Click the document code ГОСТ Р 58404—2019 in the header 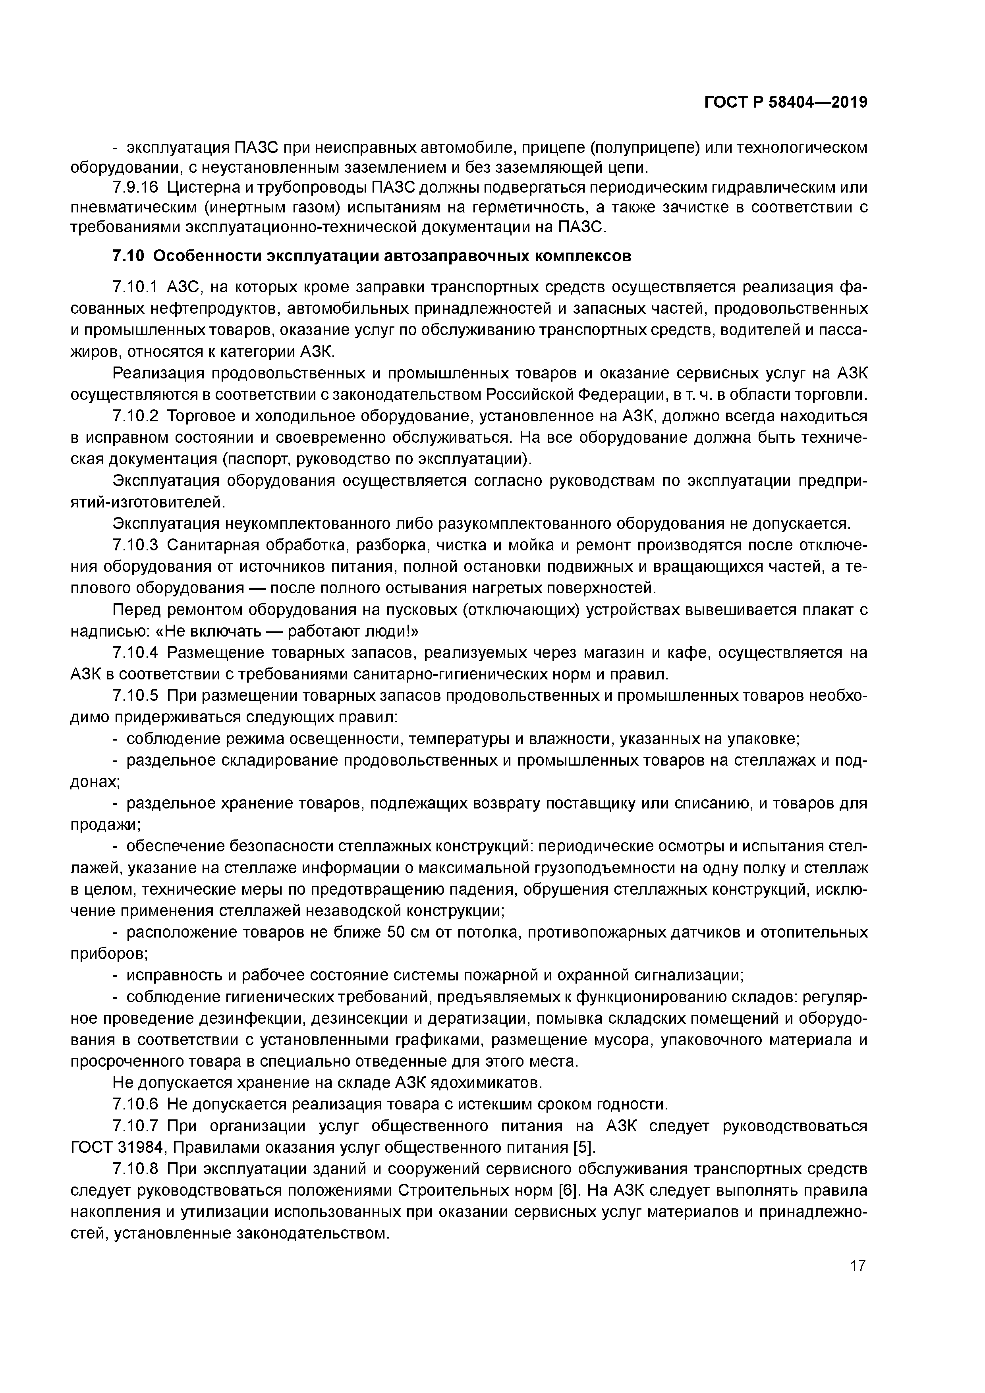point(785,102)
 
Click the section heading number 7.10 point(128,257)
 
